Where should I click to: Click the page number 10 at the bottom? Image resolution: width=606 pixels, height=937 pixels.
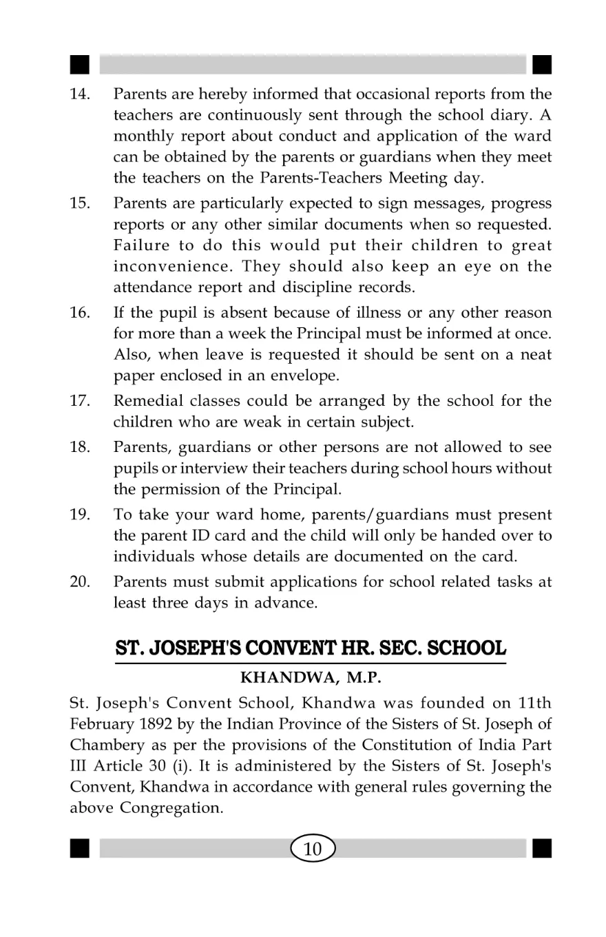click(313, 849)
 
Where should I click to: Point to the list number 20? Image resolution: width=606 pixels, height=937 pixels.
click(81, 584)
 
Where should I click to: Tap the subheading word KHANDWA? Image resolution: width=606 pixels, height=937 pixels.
click(280, 677)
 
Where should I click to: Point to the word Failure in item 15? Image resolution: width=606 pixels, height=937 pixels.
click(140, 246)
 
